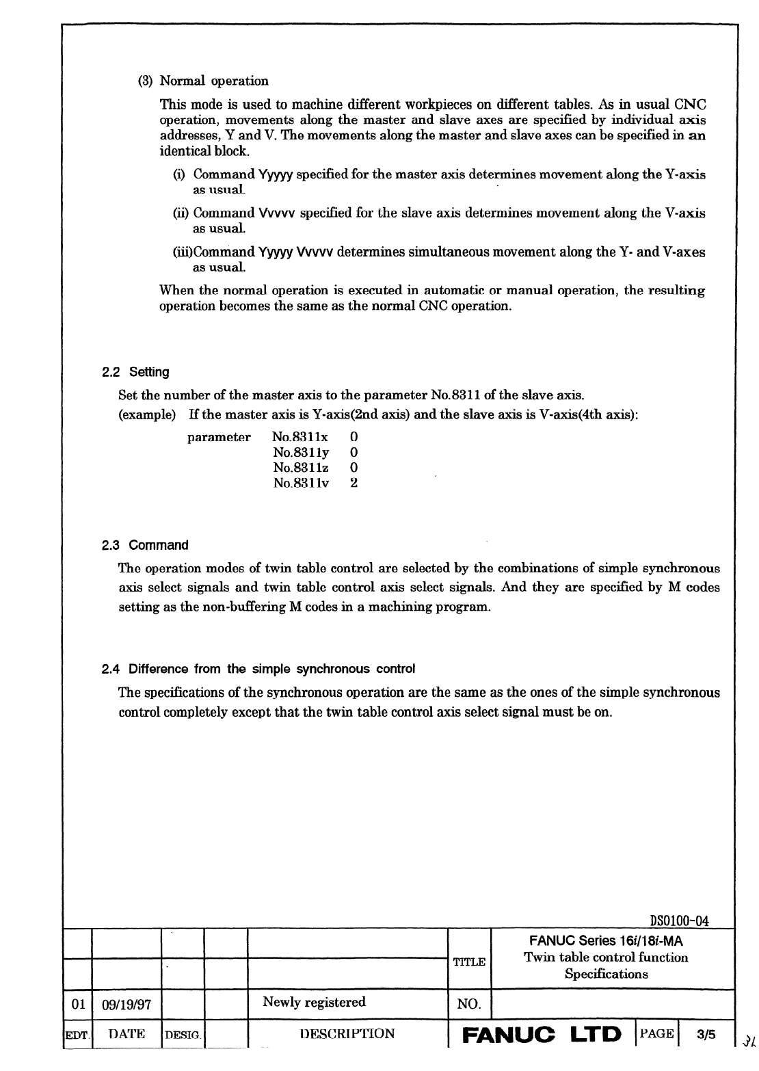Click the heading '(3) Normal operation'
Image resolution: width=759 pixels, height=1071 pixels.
coord(204,81)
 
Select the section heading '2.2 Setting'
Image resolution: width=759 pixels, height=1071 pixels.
coord(135,373)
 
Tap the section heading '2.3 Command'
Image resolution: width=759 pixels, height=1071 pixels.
coord(145,546)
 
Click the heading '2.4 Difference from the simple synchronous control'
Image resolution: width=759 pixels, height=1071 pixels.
coord(258,669)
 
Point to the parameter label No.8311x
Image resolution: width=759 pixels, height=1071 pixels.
coord(300,437)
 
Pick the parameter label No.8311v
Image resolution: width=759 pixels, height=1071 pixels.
coord(301,484)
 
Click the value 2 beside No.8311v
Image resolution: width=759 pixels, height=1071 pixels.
coord(354,484)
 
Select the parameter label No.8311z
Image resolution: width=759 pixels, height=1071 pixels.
coord(300,468)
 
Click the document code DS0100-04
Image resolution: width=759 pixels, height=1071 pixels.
coord(679,921)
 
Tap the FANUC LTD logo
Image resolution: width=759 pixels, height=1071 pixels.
coord(542,1033)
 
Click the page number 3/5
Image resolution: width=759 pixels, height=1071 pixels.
coord(706,1034)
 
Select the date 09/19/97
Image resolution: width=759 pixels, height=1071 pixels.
coord(126,1005)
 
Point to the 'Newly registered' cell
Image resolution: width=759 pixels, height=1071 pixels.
coord(314,1003)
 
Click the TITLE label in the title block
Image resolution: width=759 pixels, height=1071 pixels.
coord(469,962)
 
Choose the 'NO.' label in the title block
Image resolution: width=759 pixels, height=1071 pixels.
coord(468,1005)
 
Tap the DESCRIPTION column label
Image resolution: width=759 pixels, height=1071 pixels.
coord(347,1034)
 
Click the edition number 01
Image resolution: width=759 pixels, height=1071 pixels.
coord(77,1005)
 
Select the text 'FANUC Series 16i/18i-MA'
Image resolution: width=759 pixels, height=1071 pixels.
coord(606,942)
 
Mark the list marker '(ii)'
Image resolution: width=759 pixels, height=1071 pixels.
coord(182,213)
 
